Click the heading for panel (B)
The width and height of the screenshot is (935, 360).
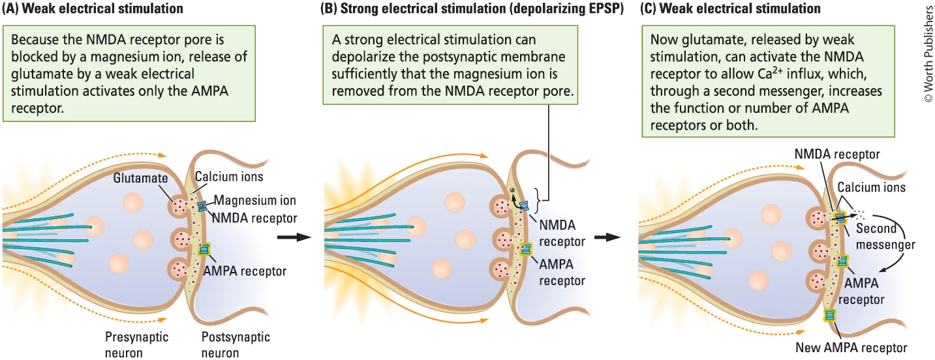click(x=468, y=9)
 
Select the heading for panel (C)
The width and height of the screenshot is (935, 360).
click(x=731, y=9)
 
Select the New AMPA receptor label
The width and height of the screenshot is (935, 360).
click(x=851, y=347)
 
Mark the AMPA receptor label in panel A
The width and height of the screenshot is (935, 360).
click(x=245, y=271)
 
